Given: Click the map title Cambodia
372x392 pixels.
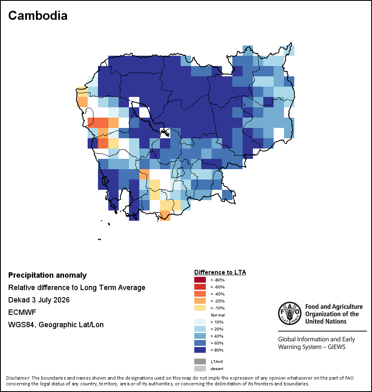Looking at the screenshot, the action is click(x=38, y=16).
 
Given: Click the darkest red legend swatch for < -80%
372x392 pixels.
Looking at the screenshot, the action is click(x=200, y=280).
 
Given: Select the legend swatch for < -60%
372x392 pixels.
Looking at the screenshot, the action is click(x=200, y=287).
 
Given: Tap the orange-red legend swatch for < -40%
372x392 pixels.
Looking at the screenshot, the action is click(x=200, y=294).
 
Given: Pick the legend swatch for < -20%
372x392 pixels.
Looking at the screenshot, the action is click(x=200, y=301).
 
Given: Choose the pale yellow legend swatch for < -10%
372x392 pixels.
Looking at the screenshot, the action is click(x=200, y=308).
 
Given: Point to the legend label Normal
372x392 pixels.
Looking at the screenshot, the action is click(x=218, y=315).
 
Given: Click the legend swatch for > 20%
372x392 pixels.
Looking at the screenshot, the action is click(x=200, y=329).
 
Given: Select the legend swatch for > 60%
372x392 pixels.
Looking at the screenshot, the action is click(x=200, y=343).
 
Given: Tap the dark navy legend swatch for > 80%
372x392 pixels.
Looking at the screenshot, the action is click(x=200, y=350).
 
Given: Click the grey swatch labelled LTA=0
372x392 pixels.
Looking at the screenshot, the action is click(x=200, y=361).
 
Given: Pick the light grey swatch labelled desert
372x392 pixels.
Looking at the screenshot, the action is click(x=200, y=368).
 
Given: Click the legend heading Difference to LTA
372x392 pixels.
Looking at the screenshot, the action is click(x=220, y=272).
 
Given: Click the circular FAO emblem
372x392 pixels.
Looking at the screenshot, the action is click(x=290, y=313).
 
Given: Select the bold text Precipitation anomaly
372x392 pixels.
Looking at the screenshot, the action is click(x=48, y=275).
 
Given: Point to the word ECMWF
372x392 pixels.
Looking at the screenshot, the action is click(x=22, y=312).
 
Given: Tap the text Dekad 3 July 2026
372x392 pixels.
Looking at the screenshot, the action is click(x=39, y=300).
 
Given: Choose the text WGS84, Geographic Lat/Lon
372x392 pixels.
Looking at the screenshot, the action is click(x=56, y=325).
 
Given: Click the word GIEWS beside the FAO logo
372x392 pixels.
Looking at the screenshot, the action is click(x=337, y=347).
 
